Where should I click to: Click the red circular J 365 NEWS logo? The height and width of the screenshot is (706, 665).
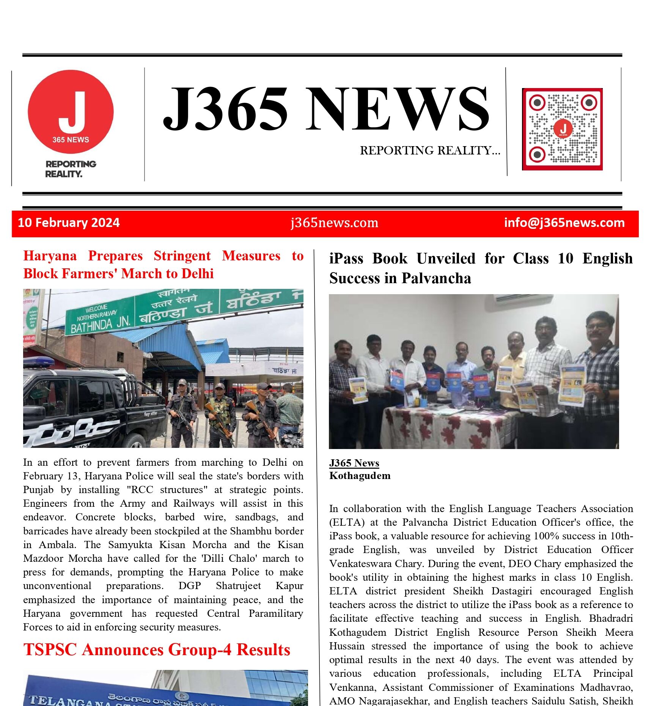[x=71, y=112]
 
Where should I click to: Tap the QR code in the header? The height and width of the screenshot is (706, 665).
[x=562, y=129]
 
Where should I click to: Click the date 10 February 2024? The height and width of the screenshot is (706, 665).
[x=69, y=222]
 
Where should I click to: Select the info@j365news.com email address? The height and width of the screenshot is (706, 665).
[x=564, y=222]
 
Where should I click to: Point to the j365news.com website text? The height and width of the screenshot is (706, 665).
[x=334, y=222]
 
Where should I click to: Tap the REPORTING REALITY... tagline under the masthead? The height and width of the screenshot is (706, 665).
[x=430, y=151]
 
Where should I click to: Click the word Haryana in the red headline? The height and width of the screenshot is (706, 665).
[x=50, y=256]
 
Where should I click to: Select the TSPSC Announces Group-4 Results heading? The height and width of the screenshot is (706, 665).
[x=157, y=650]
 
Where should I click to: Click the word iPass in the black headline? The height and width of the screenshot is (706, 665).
[x=346, y=259]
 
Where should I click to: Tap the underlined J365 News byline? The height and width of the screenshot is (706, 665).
[x=354, y=463]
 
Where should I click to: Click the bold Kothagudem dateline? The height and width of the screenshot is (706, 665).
[x=360, y=476]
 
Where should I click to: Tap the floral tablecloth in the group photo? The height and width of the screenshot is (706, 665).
[x=448, y=427]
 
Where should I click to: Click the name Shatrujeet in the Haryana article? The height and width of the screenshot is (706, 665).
[x=238, y=586]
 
